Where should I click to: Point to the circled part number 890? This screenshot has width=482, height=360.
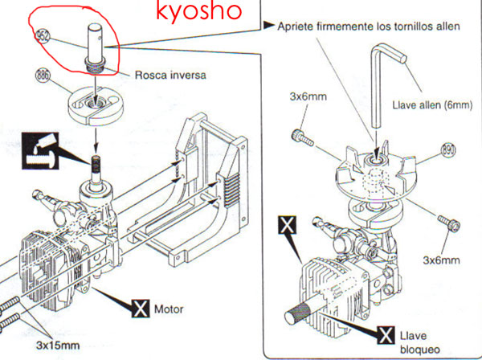point(447,150)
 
